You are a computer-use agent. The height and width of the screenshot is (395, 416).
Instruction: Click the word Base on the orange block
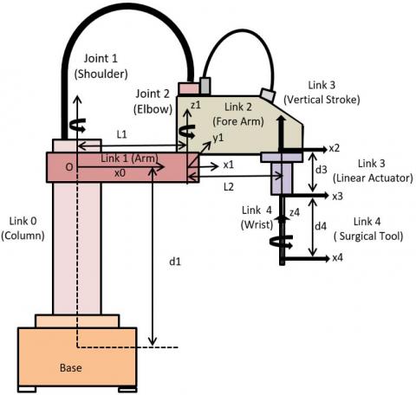(71, 367)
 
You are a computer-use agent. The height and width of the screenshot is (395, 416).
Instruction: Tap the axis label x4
(337, 257)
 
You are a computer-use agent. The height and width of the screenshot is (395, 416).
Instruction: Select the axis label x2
(335, 148)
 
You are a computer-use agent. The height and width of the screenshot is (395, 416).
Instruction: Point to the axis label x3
(337, 196)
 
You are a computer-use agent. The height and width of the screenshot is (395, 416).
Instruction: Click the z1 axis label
(196, 105)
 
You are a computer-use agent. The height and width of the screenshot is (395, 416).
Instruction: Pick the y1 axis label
(218, 139)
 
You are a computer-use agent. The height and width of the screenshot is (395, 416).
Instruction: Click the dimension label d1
(175, 262)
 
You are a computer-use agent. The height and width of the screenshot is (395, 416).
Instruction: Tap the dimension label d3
(321, 170)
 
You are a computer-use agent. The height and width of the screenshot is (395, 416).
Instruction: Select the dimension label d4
(321, 226)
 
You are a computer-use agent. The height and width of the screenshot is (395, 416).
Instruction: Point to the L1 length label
(121, 134)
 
